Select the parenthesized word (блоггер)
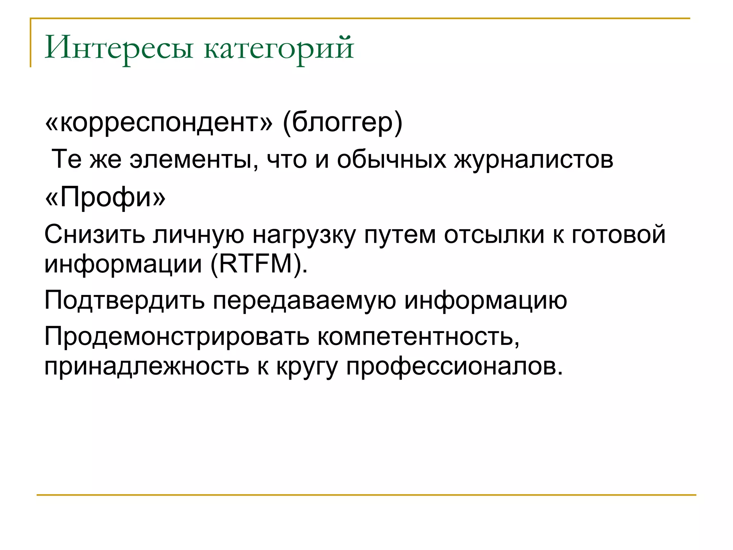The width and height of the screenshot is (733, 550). click(x=343, y=123)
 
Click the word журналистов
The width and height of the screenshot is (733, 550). click(x=534, y=160)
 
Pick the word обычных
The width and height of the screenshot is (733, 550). click(x=391, y=160)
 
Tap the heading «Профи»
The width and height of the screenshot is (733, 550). click(x=105, y=198)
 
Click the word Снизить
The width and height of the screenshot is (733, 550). click(x=94, y=235)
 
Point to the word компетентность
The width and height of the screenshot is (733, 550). click(x=418, y=337)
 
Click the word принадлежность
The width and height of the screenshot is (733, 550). click(x=146, y=367)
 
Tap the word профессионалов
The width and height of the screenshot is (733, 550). click(x=454, y=367)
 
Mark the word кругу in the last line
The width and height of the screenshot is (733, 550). click(x=307, y=367)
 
